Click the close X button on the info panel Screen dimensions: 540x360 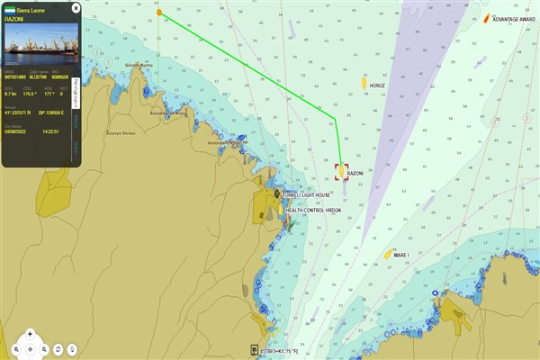tap(76, 7)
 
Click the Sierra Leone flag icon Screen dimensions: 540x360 tap(10, 7)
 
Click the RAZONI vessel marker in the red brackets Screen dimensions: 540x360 tap(341, 171)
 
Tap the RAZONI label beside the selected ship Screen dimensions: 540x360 tap(355, 174)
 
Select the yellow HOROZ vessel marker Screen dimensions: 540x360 tap(364, 84)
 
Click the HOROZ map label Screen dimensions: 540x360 tap(378, 86)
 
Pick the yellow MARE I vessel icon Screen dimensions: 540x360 tap(388, 255)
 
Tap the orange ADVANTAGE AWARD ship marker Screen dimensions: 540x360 tap(486, 18)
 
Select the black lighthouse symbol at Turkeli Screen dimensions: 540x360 tap(277, 193)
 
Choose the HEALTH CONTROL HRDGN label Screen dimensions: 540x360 tap(314, 210)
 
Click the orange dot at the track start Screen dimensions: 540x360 tap(159, 13)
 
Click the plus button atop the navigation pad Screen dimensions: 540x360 tap(30, 333)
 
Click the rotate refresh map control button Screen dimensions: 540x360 tap(58, 347)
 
